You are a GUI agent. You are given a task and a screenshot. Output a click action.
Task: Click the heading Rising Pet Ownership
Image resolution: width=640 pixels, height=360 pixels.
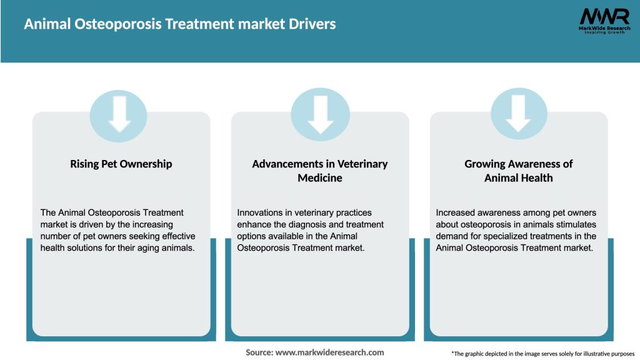[121, 164]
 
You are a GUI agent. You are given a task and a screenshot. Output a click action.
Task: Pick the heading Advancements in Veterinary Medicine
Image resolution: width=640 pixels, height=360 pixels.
[320, 171]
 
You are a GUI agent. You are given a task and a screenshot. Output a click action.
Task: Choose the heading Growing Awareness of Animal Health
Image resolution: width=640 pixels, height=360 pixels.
[519, 171]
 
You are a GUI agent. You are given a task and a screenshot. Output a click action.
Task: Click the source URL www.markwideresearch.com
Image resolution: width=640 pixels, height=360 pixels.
[331, 352]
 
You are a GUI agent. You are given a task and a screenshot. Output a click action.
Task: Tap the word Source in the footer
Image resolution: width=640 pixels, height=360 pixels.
[259, 352]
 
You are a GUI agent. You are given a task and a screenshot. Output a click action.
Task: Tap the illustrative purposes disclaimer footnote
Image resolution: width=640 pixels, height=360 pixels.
[542, 354]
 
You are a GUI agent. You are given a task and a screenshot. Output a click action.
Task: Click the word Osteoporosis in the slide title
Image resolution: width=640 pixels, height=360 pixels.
[119, 24]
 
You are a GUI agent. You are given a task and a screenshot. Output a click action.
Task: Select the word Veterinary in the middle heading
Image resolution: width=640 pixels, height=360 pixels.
[362, 164]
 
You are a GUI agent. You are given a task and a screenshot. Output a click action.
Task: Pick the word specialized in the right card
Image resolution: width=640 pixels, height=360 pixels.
[505, 236]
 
